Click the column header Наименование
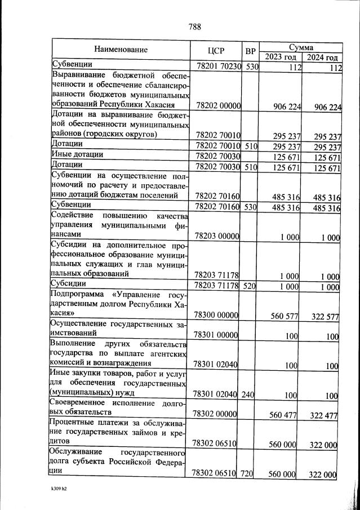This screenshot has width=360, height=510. [121, 50]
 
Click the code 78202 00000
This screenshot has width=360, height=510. [217, 106]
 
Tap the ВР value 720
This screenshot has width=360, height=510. [248, 474]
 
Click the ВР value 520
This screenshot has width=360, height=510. [249, 286]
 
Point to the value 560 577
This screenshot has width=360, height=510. [284, 316]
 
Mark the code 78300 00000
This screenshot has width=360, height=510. [217, 316]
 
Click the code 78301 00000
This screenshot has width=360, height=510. [217, 336]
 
